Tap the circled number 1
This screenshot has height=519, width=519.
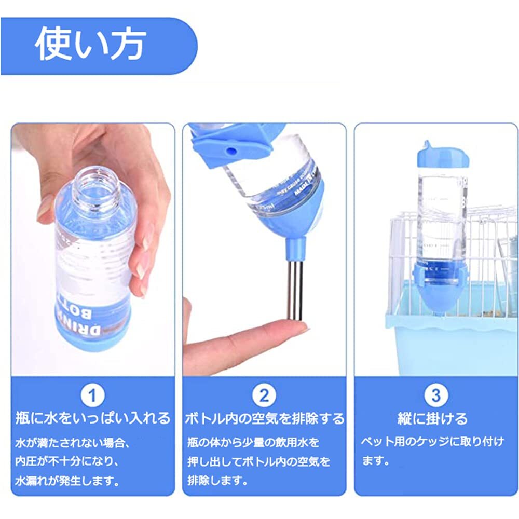point(93,396)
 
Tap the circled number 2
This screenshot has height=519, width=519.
point(264,396)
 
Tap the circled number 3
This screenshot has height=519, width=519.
point(435,396)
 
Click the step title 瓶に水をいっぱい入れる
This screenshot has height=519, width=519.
point(93,418)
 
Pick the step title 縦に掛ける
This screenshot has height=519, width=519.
point(435,418)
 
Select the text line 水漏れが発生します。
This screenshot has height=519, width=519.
point(67,480)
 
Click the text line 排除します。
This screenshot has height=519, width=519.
point(216,480)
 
